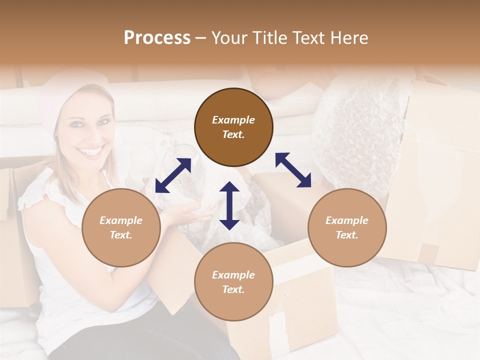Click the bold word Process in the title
(x=157, y=38)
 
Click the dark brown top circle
(x=233, y=127)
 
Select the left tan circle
(x=121, y=227)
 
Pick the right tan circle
(x=347, y=227)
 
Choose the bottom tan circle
(x=233, y=282)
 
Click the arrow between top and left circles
(x=173, y=175)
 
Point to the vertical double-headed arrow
(x=229, y=205)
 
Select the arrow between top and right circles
(x=293, y=170)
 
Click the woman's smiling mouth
(x=91, y=150)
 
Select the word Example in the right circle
(x=347, y=220)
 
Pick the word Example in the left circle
(x=121, y=220)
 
